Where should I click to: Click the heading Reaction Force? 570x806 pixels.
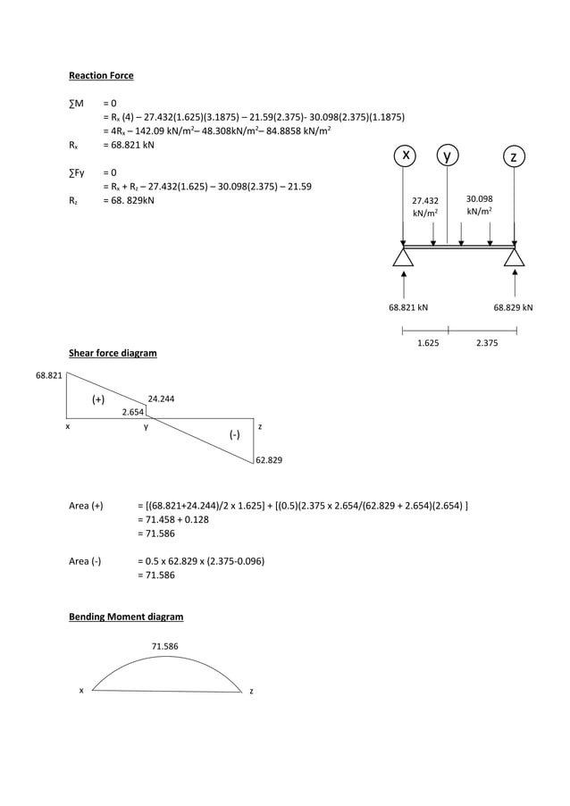click(x=101, y=75)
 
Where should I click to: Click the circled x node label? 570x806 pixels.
click(x=406, y=156)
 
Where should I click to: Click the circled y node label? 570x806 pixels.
click(x=448, y=156)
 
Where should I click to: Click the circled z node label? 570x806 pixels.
click(x=513, y=157)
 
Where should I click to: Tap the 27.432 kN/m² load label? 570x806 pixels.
click(x=424, y=206)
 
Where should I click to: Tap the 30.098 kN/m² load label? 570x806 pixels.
click(x=480, y=206)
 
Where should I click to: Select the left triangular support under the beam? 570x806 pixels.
click(x=404, y=258)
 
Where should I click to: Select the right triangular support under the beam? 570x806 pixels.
click(x=514, y=258)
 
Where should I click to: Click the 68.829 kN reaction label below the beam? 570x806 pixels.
click(x=513, y=307)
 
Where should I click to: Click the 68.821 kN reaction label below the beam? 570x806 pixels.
click(x=407, y=307)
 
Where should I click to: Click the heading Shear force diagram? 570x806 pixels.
click(x=113, y=353)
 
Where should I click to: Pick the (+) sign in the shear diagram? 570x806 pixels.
click(x=100, y=399)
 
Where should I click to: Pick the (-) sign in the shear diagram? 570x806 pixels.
click(x=234, y=434)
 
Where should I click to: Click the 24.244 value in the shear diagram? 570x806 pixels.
click(x=161, y=399)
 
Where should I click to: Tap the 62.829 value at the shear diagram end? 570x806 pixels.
click(x=269, y=460)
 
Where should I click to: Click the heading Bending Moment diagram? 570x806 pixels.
click(x=126, y=617)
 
